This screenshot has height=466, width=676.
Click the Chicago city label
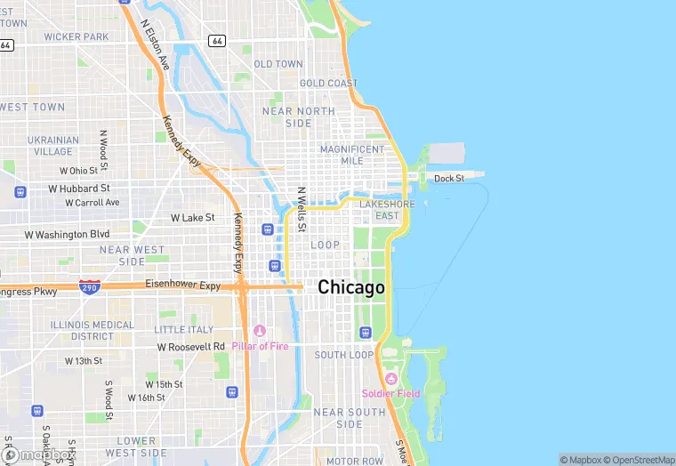[351, 287]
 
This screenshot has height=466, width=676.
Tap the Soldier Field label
[390, 393]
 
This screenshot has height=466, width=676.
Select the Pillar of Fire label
[260, 346]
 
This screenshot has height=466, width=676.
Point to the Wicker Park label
[76, 36]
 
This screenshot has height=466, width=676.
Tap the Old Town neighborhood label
[278, 64]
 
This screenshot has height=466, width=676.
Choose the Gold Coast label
[328, 84]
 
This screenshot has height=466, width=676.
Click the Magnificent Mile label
[353, 155]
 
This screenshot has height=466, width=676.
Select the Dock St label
[449, 179]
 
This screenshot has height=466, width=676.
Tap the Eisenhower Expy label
[182, 285]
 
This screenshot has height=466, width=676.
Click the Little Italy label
[184, 329]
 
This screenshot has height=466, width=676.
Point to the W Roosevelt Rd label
[191, 346]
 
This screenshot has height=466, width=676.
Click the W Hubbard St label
[79, 189]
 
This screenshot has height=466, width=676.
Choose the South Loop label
[343, 355]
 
